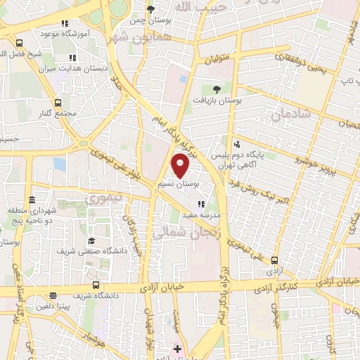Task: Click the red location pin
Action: click(181, 165)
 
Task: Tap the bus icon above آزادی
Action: click(274, 259)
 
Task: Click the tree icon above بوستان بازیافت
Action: click(216, 89)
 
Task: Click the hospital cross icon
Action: click(178, 349)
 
